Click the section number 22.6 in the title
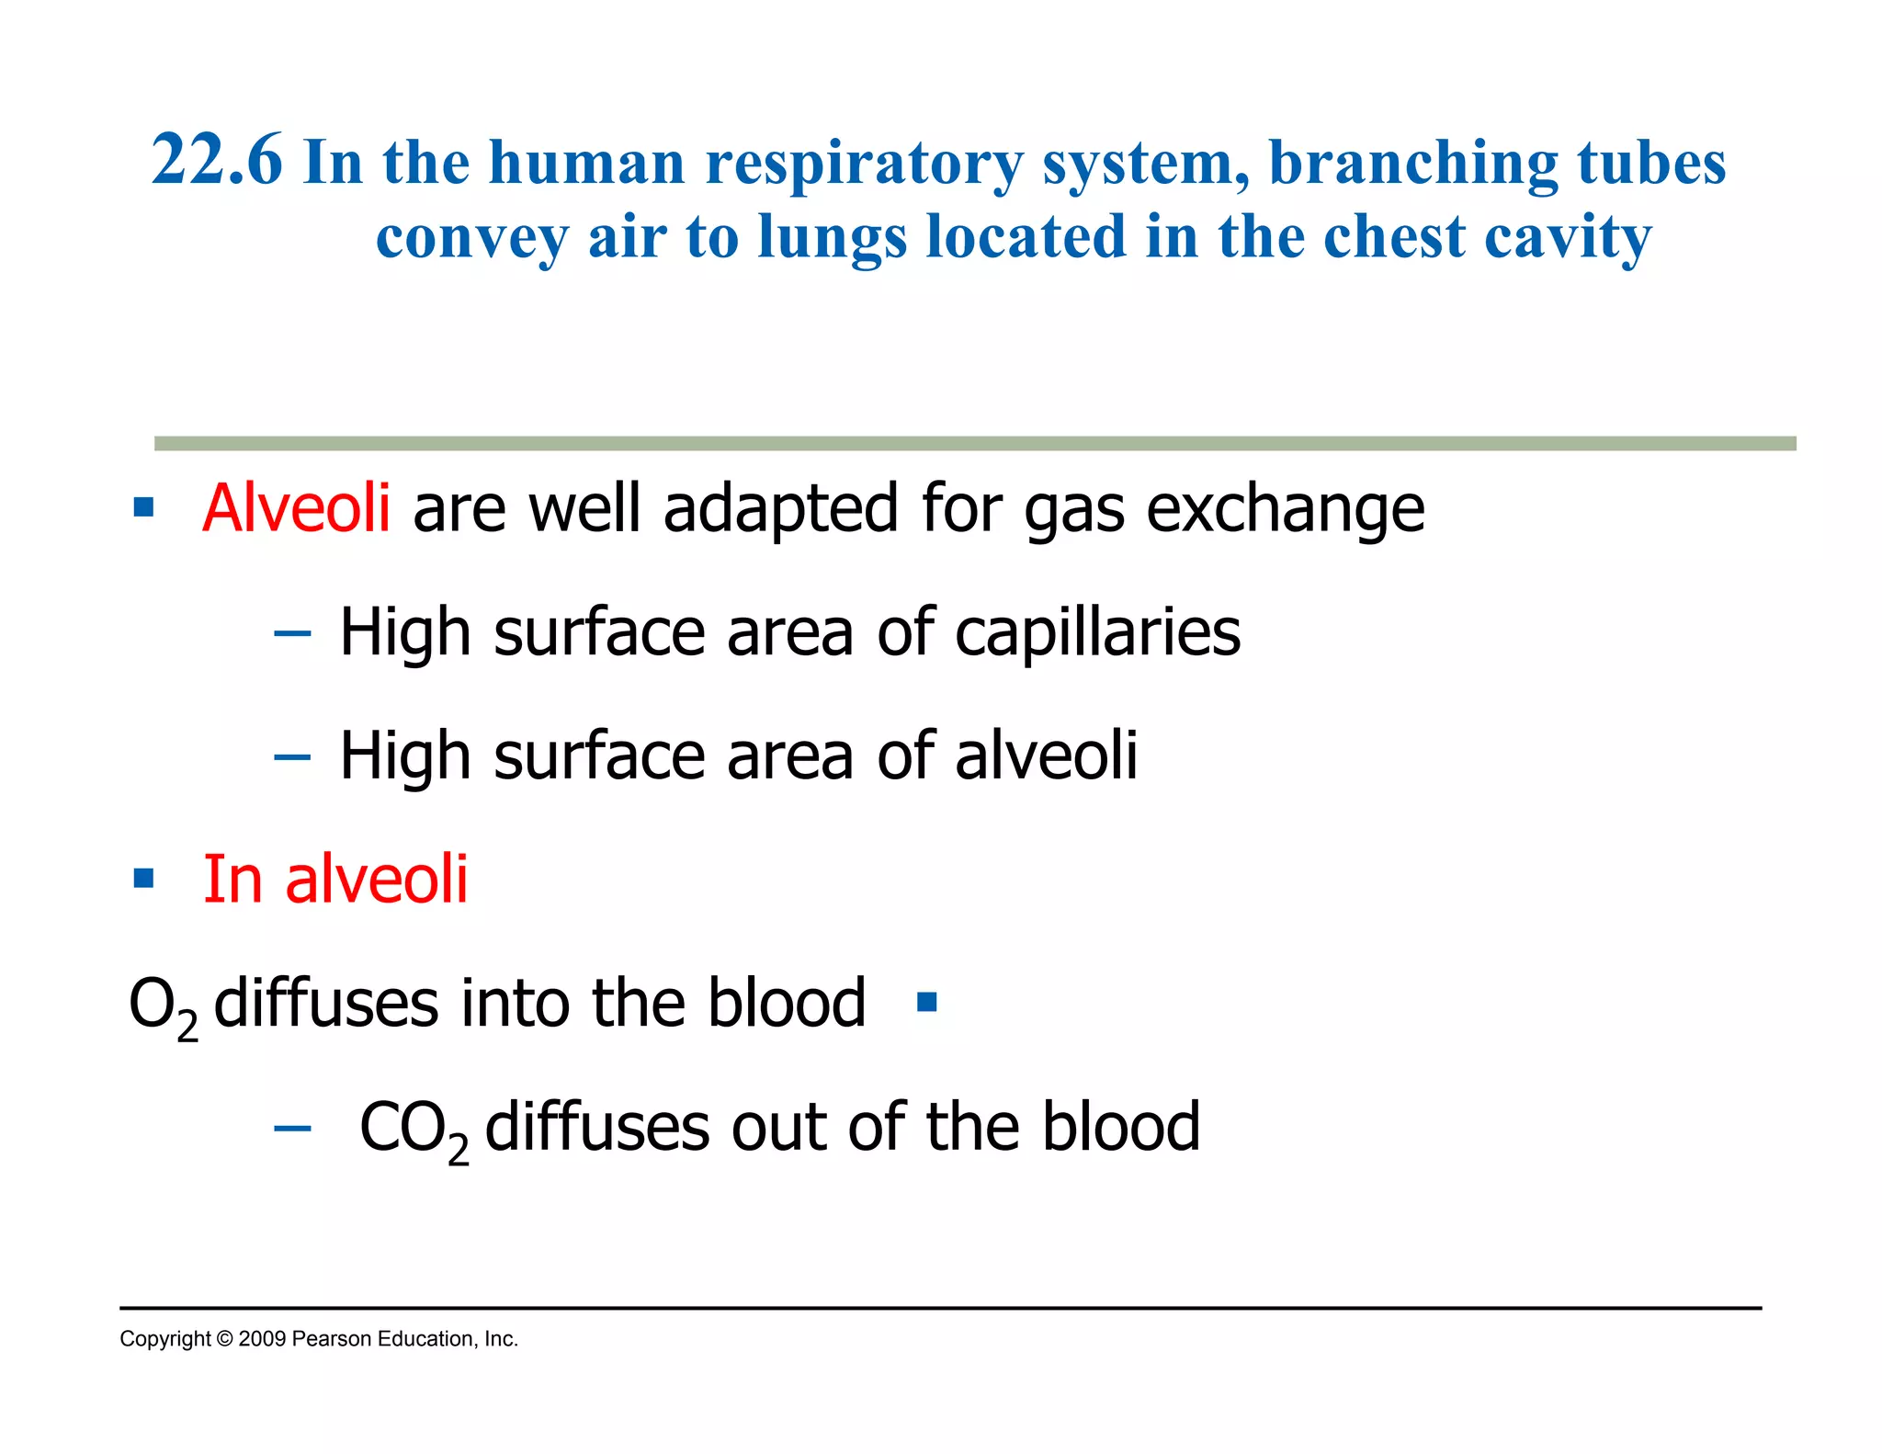[217, 161]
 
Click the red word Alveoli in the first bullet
[296, 507]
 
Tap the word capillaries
[1097, 632]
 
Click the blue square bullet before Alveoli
[143, 507]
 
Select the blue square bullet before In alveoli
[143, 879]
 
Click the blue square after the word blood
[926, 1002]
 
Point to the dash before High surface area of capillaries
[292, 633]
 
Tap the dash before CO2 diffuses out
[292, 1128]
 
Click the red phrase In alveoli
[335, 879]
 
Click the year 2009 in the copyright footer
[261, 1339]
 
